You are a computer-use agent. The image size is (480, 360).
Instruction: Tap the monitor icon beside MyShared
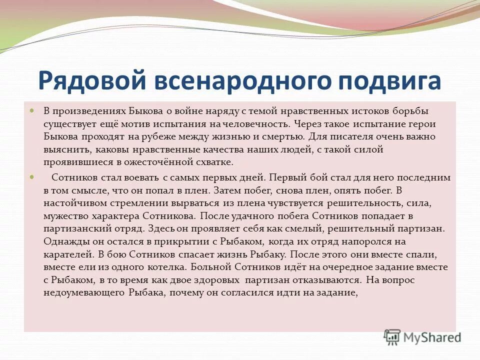tap(392, 336)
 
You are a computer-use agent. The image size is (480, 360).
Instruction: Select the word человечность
tap(259, 123)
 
